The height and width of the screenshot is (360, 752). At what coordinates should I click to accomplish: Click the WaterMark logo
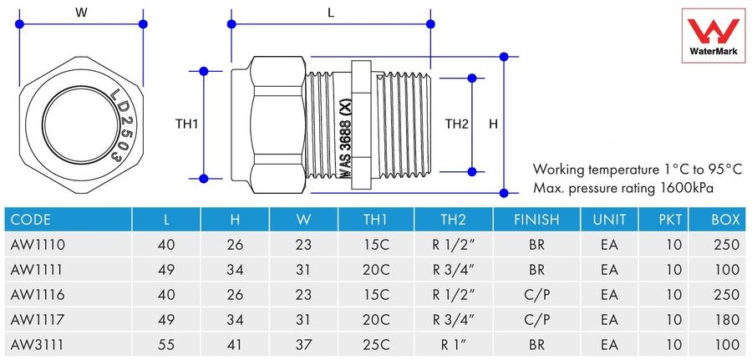[714, 36]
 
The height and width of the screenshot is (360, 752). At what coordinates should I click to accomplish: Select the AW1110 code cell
[38, 245]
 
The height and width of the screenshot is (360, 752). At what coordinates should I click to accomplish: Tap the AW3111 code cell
[37, 344]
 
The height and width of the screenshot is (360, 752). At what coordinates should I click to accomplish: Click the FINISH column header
[536, 220]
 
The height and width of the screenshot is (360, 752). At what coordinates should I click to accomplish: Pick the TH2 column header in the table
[453, 220]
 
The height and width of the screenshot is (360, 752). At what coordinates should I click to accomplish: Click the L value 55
[166, 344]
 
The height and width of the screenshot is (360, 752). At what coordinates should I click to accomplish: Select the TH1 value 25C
[375, 344]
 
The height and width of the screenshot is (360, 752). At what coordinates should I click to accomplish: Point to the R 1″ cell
[453, 344]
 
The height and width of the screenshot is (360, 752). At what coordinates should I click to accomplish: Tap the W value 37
[303, 344]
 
